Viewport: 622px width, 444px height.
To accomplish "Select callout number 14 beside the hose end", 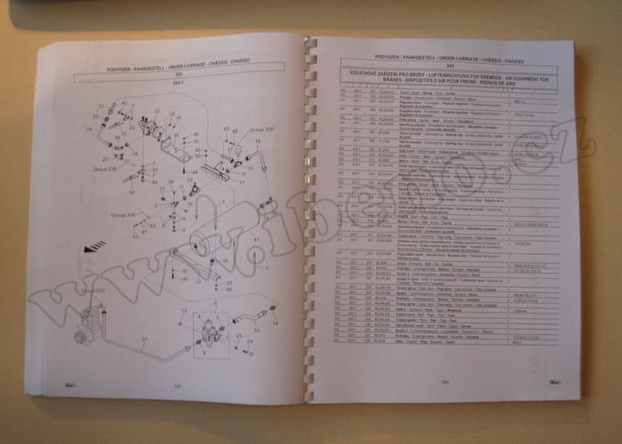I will point(275,322).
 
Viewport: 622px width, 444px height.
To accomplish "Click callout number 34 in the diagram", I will point(131,192).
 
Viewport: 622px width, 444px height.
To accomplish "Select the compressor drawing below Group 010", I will point(90,319).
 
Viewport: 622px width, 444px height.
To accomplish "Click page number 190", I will point(177,385).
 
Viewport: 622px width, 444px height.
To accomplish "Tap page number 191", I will point(443,383).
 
